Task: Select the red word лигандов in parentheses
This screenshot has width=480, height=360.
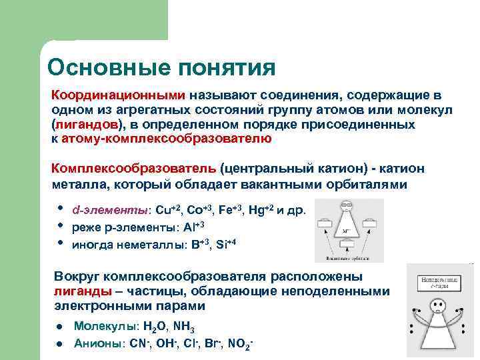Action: tap(87, 124)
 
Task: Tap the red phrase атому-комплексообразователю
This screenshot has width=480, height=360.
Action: tap(166, 139)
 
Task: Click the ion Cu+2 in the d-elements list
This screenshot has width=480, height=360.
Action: tap(166, 210)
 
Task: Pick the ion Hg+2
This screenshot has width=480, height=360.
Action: tap(261, 210)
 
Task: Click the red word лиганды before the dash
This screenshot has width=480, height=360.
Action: tap(81, 291)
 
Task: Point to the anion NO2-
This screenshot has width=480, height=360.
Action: tap(240, 344)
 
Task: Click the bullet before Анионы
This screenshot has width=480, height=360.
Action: tap(59, 344)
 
